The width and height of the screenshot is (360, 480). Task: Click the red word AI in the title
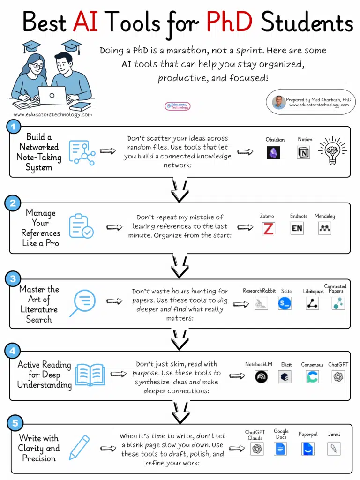[x=86, y=22]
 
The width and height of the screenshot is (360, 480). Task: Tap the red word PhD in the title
[x=231, y=22]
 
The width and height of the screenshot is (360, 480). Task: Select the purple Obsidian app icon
[x=273, y=153]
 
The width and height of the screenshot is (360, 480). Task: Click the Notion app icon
[x=304, y=152]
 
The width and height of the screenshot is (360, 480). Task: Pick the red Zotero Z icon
[x=269, y=229]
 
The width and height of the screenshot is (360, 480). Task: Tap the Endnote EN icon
[x=297, y=229]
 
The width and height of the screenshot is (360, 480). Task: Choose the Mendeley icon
[x=324, y=228]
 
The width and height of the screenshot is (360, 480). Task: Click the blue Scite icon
[x=285, y=303]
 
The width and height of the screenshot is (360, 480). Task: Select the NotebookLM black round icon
[x=261, y=377]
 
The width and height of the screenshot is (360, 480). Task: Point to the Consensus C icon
[x=312, y=377]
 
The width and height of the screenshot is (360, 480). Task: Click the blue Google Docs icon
[x=280, y=449]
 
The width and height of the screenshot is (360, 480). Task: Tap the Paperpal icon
[x=308, y=449]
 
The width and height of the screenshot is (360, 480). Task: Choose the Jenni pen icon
[x=334, y=449]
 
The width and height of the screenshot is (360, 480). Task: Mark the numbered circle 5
[x=15, y=424]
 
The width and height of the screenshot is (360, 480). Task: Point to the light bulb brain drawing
[x=333, y=150]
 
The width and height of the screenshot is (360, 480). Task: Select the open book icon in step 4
[x=90, y=375]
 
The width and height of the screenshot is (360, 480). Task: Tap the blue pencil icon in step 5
[x=80, y=448]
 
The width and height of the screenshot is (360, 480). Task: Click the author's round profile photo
[x=279, y=102]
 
